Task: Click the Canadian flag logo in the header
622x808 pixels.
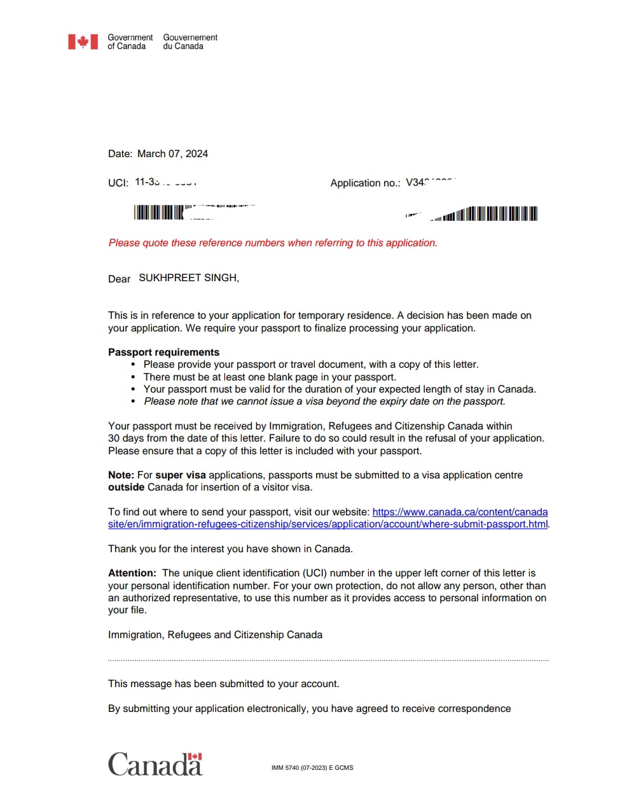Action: tap(83, 42)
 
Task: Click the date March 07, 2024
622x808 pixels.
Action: tap(172, 153)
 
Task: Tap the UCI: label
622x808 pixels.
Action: tap(118, 183)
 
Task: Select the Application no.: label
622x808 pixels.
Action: tap(365, 183)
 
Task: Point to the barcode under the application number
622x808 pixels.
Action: tap(490, 214)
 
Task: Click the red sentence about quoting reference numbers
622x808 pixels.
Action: tap(273, 242)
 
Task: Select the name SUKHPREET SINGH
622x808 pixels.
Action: tap(189, 278)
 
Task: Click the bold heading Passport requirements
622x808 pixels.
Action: tap(163, 352)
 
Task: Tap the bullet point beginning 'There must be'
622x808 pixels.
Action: tap(270, 377)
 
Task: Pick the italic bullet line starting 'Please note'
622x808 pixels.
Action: tap(324, 401)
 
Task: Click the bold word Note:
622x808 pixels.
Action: tap(121, 475)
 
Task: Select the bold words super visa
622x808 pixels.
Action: tap(181, 475)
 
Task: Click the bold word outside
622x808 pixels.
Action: tap(126, 487)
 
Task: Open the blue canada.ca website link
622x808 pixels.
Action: tap(328, 524)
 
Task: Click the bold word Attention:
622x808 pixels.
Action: tap(132, 573)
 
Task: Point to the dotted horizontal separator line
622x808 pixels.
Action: tap(328, 660)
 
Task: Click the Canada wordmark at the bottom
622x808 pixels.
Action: tap(155, 764)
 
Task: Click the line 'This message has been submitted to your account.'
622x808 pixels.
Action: tap(223, 683)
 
